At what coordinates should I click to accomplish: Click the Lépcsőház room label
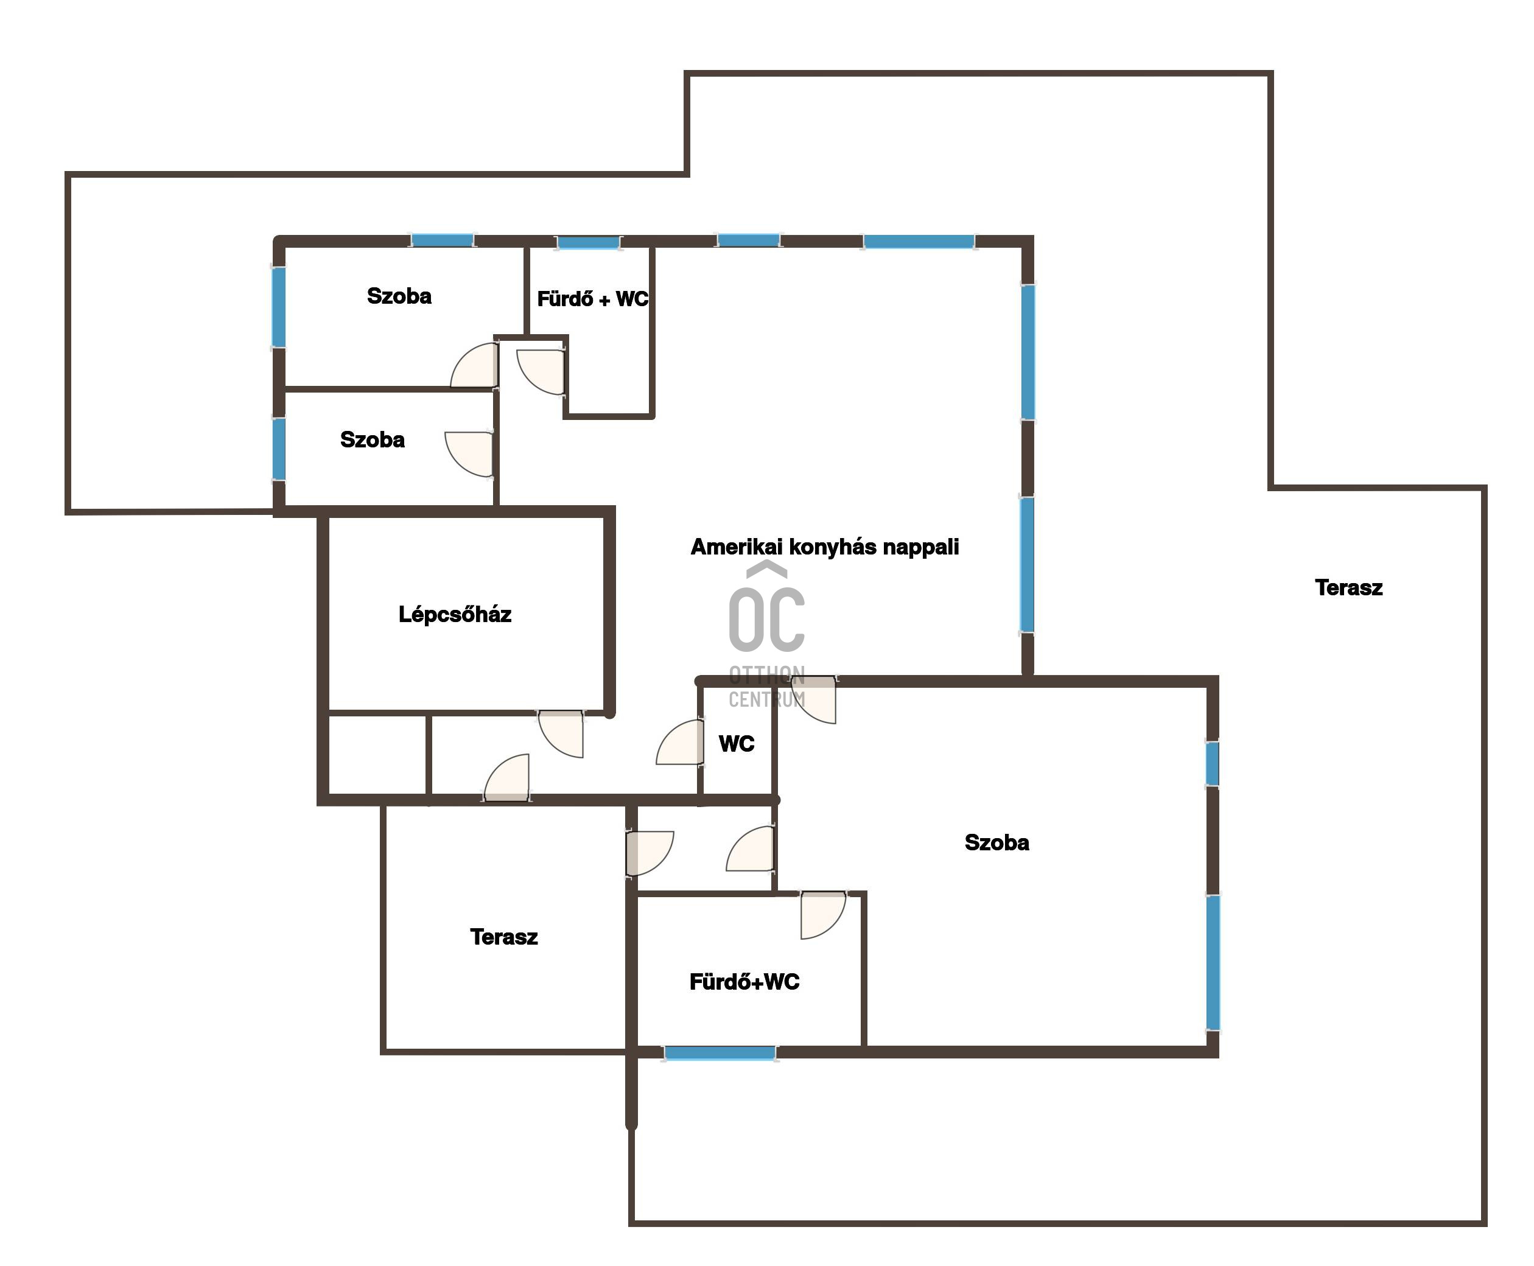(455, 614)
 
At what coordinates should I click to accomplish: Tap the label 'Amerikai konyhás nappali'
(824, 547)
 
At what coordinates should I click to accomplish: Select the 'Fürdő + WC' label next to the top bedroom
(592, 299)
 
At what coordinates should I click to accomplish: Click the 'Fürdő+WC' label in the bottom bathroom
(744, 982)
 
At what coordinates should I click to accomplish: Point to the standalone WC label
(736, 744)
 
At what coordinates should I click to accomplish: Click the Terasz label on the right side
(1348, 588)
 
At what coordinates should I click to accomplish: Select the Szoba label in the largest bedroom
(996, 842)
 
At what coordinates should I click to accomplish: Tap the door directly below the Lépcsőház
(561, 733)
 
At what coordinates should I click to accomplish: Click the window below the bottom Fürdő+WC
(720, 1052)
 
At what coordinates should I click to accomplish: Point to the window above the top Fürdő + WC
(589, 242)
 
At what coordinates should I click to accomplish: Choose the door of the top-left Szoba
(474, 365)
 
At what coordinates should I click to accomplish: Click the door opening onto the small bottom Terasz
(649, 853)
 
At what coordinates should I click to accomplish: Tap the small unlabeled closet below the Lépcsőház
(377, 754)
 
